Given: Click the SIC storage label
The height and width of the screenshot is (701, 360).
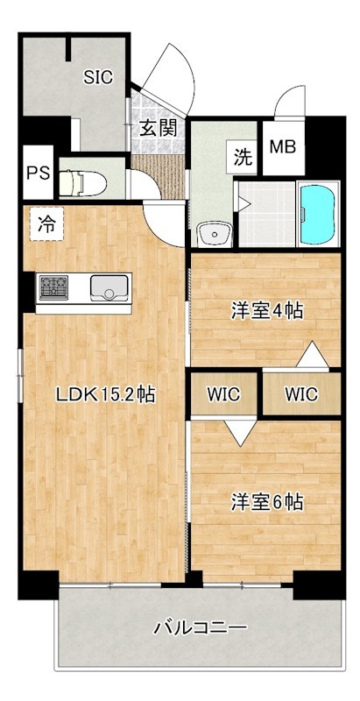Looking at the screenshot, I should (x=98, y=77).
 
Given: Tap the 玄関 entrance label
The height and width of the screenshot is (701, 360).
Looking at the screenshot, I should (x=158, y=127).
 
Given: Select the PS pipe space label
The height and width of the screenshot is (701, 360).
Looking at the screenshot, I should (x=37, y=172).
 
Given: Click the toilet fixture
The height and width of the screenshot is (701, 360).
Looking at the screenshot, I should (x=83, y=181).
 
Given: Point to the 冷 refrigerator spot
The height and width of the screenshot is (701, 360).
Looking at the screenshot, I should (x=45, y=223).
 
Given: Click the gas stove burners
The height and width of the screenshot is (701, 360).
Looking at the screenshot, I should (x=52, y=287).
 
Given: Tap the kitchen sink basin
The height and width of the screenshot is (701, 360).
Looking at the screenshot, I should (x=108, y=287).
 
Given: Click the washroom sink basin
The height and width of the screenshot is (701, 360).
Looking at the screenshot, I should (x=213, y=234).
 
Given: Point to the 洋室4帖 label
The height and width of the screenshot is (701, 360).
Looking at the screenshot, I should (x=267, y=310).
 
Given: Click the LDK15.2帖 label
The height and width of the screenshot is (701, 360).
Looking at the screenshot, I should (x=105, y=394).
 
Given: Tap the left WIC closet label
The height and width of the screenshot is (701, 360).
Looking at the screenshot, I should (x=224, y=393).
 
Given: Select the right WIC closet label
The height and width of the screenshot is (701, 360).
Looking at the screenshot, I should (x=300, y=393).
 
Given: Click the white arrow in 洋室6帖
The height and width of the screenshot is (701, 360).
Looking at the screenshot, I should (x=236, y=431).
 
